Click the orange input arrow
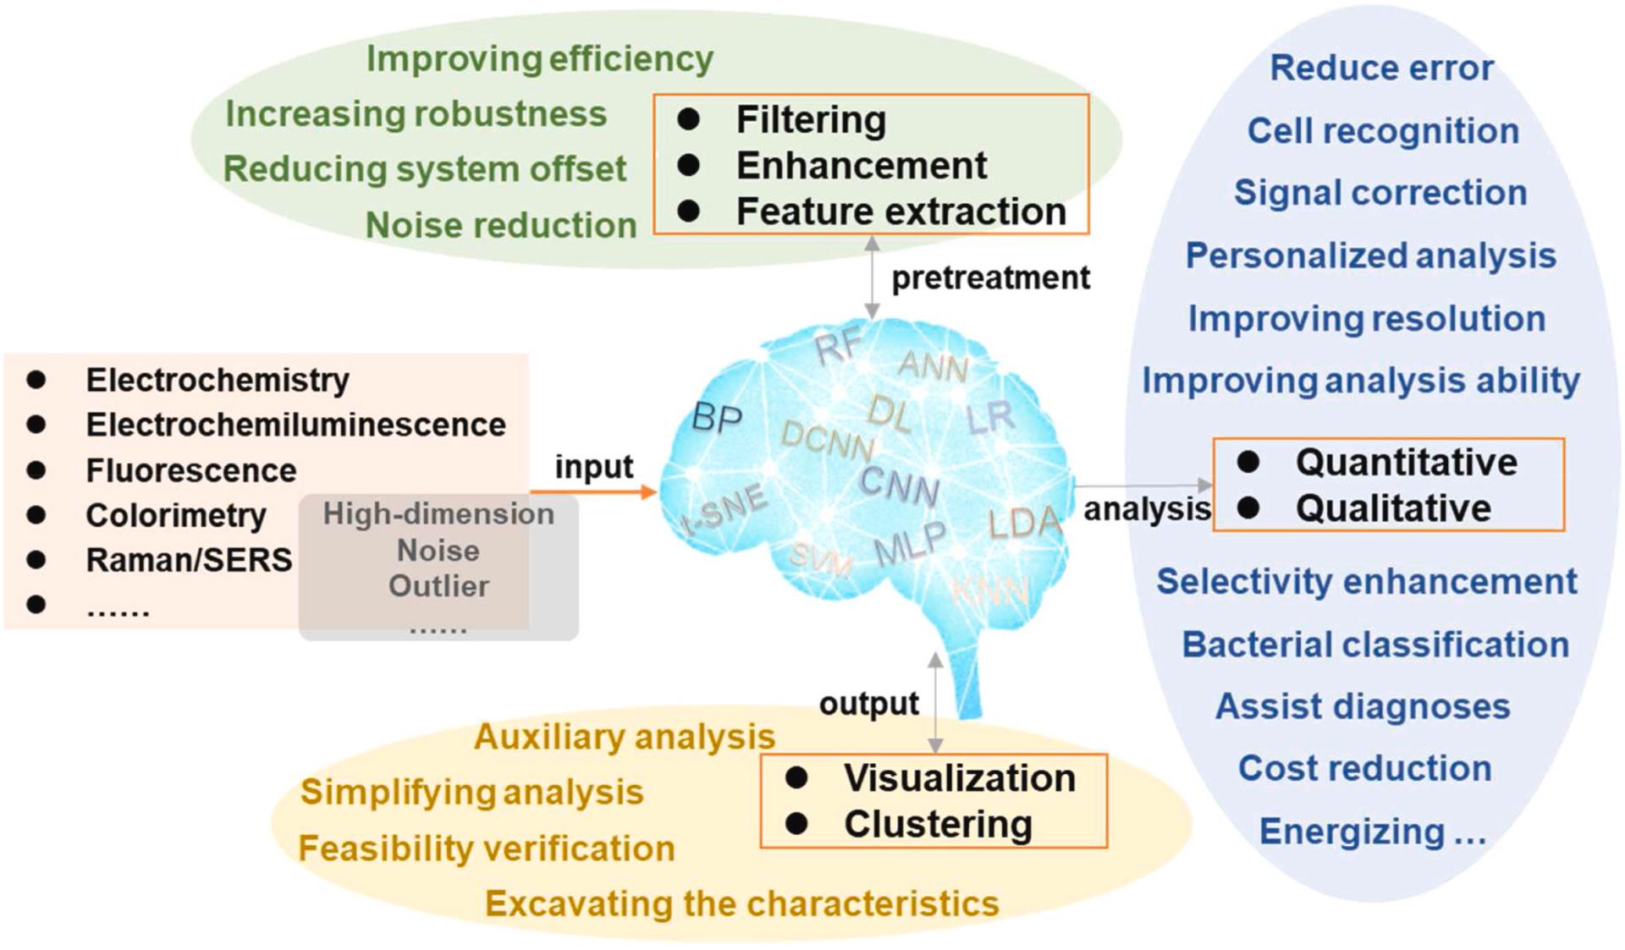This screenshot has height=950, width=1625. pos(592,491)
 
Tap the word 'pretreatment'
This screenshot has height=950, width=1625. pos(990,277)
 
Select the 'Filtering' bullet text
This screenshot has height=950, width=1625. pos(811,119)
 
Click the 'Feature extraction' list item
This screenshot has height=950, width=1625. pos(901,211)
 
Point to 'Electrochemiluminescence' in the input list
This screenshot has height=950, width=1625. pos(295,425)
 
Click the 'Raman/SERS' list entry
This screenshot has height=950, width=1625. pos(189,560)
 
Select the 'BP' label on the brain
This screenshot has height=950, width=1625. pos(717,418)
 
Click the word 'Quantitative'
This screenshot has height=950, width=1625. pos(1406,462)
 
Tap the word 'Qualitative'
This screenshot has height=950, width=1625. pos(1393,508)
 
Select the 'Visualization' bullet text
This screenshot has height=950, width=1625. pos(959,778)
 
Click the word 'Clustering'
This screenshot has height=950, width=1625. pos(938,824)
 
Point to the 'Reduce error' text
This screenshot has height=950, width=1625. pos(1381,68)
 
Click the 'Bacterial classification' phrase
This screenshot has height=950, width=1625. pos(1374,645)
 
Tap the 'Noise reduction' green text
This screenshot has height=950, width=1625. pos(500,225)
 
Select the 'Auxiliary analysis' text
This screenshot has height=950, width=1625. pos(624,737)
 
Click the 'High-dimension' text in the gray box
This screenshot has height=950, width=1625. pos(438,513)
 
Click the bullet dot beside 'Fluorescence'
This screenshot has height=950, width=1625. pos(36,470)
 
